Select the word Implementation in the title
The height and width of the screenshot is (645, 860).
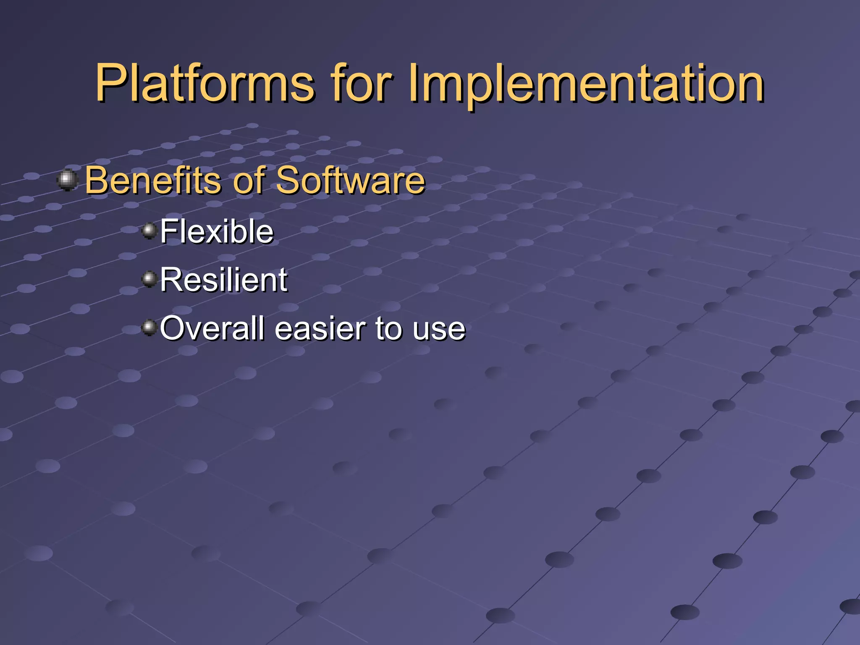click(x=586, y=84)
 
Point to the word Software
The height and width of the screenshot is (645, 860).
click(x=350, y=180)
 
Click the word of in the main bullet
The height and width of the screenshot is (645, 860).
click(x=249, y=180)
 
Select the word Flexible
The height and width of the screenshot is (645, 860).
click(x=216, y=231)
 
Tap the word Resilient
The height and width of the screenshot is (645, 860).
click(x=223, y=280)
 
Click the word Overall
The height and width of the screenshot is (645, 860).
click(x=212, y=328)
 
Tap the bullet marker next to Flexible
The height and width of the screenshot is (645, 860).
click(x=149, y=231)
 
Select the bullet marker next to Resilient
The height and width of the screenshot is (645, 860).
click(x=149, y=279)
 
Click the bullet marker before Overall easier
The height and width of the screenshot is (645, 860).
click(x=149, y=327)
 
